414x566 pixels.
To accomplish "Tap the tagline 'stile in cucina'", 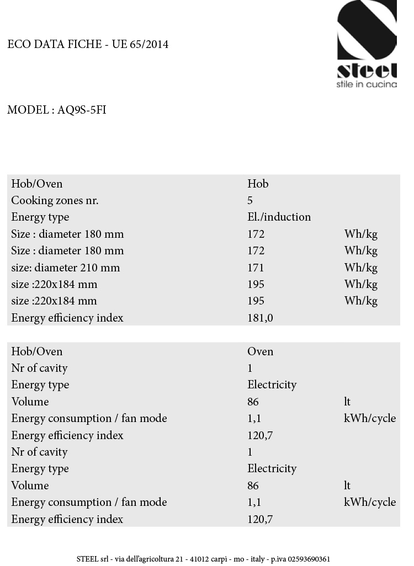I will pos(367,84).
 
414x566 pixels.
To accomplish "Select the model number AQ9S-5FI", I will pos(82,110).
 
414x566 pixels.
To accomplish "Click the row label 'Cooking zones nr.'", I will pos(55,200).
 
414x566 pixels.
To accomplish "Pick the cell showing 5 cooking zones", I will pos(250,200).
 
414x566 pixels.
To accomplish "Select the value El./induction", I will pos(279,217).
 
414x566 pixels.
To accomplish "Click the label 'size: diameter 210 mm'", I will pos(65,268).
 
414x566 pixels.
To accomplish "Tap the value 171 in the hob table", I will pos(256,268).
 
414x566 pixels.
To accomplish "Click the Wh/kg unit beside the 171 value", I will pos(360,268).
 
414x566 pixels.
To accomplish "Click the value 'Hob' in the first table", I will pos(258,184).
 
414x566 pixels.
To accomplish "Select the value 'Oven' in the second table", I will pos(260,351).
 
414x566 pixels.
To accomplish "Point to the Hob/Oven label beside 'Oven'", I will pos(36,351).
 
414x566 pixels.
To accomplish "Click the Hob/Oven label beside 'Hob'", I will pos(36,184).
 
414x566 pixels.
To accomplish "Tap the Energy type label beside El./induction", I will pos(40,217).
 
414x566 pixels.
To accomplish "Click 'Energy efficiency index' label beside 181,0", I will pos(67,318).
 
